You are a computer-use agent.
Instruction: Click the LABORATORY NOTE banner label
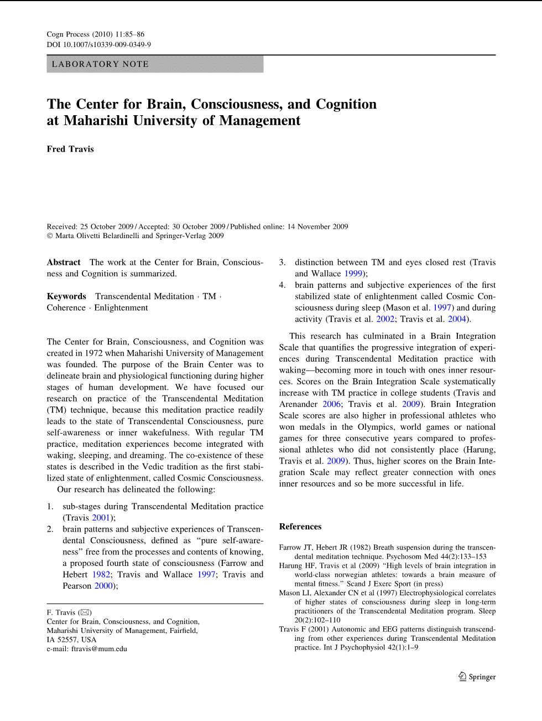[x=100, y=64]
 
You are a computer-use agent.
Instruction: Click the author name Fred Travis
[x=70, y=149]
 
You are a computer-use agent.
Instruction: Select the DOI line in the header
[x=98, y=44]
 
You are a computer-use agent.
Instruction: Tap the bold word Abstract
[x=64, y=262]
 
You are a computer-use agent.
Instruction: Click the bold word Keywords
[x=66, y=296]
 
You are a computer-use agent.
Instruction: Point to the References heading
[x=300, y=527]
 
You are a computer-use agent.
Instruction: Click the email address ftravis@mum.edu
[x=99, y=648]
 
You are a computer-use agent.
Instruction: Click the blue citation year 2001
[x=101, y=518]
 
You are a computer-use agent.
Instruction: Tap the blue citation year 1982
[x=101, y=574]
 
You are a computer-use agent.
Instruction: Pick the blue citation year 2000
[x=103, y=586]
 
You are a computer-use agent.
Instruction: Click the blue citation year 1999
[x=353, y=274]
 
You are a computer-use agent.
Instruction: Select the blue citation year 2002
[x=385, y=319]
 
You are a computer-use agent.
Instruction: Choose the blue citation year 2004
[x=457, y=319]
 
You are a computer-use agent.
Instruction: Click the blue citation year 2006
[x=332, y=404]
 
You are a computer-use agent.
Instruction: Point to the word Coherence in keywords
[x=66, y=308]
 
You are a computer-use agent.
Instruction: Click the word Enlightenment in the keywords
[x=121, y=308]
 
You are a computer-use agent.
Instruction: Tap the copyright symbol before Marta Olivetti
[x=50, y=236]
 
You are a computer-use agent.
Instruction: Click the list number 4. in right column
[x=282, y=285]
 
